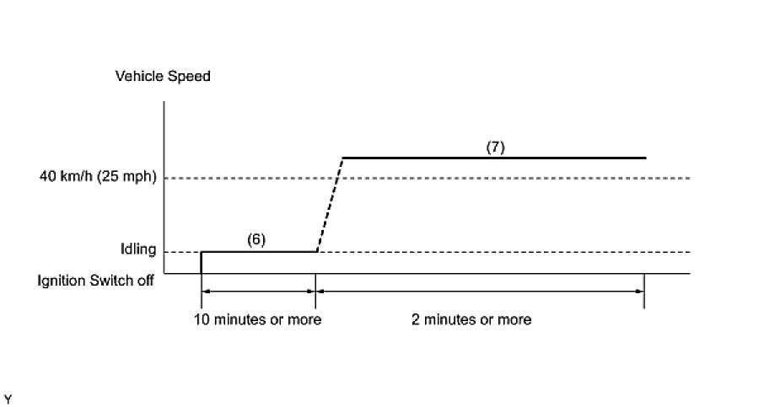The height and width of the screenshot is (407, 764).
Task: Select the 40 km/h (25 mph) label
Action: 98,178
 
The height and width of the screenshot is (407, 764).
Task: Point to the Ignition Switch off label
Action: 95,281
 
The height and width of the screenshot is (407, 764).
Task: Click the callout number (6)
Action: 256,239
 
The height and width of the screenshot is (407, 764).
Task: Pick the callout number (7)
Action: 495,146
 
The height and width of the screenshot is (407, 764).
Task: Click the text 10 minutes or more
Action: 258,319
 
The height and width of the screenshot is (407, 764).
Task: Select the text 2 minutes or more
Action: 471,319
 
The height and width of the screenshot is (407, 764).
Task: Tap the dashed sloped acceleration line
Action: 330,205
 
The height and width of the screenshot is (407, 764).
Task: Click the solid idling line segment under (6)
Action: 258,251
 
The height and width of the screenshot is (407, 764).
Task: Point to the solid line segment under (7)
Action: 493,158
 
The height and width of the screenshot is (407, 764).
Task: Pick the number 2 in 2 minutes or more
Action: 415,319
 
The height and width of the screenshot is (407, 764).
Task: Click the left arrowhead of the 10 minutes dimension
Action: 205,292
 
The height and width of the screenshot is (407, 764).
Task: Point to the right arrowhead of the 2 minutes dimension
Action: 640,292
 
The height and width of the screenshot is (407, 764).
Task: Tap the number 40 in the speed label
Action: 47,178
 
